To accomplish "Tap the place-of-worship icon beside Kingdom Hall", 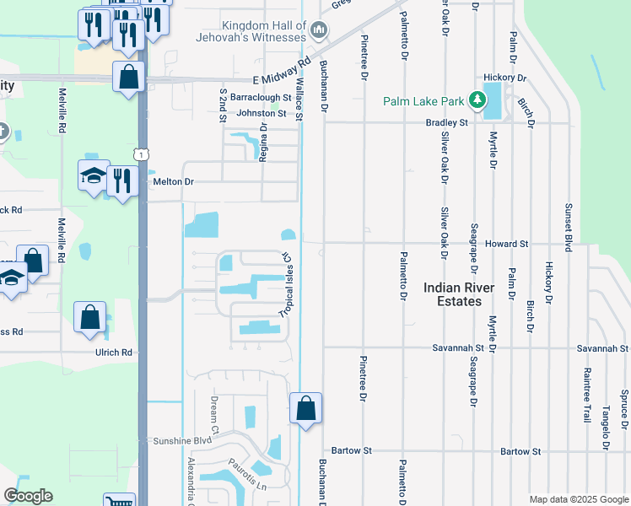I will tap(319, 32).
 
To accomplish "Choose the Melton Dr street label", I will tap(173, 181).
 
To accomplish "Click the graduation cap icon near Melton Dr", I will tap(94, 175).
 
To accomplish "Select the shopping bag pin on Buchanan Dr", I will tap(305, 409).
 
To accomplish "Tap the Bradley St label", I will tap(446, 122).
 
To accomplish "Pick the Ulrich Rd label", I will tap(115, 353).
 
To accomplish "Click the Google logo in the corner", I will tap(28, 496).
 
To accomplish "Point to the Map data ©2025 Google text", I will tap(578, 499).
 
